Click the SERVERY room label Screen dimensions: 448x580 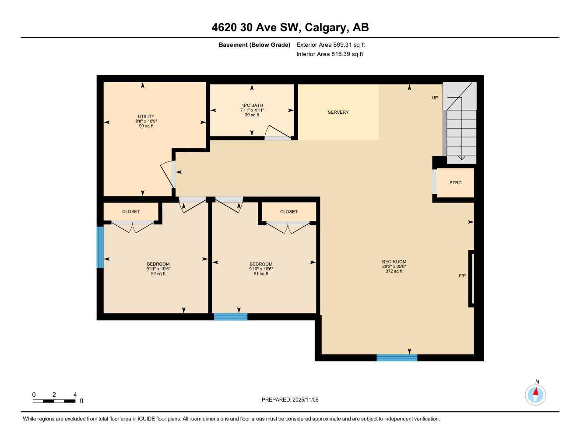click(338, 112)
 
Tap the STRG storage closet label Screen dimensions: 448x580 click(455, 183)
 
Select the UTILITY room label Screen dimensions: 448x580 click(146, 116)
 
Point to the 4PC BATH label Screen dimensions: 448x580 click(252, 105)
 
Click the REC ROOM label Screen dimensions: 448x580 click(394, 262)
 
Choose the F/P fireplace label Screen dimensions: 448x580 click(462, 276)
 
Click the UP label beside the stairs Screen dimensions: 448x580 click(434, 98)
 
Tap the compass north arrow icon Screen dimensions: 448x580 click(535, 394)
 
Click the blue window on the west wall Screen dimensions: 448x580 click(100, 247)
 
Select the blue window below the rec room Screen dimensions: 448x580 click(397, 358)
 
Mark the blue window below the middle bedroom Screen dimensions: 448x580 click(230, 317)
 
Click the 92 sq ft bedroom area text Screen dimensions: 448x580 click(158, 274)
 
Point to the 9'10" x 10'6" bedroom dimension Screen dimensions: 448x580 click(261, 269)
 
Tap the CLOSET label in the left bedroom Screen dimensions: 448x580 click(131, 212)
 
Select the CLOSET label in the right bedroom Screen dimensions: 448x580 click(288, 212)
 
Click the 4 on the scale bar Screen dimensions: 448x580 click(75, 395)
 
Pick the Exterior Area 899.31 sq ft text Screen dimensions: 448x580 click(330, 45)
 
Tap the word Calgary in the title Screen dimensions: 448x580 click(325, 28)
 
